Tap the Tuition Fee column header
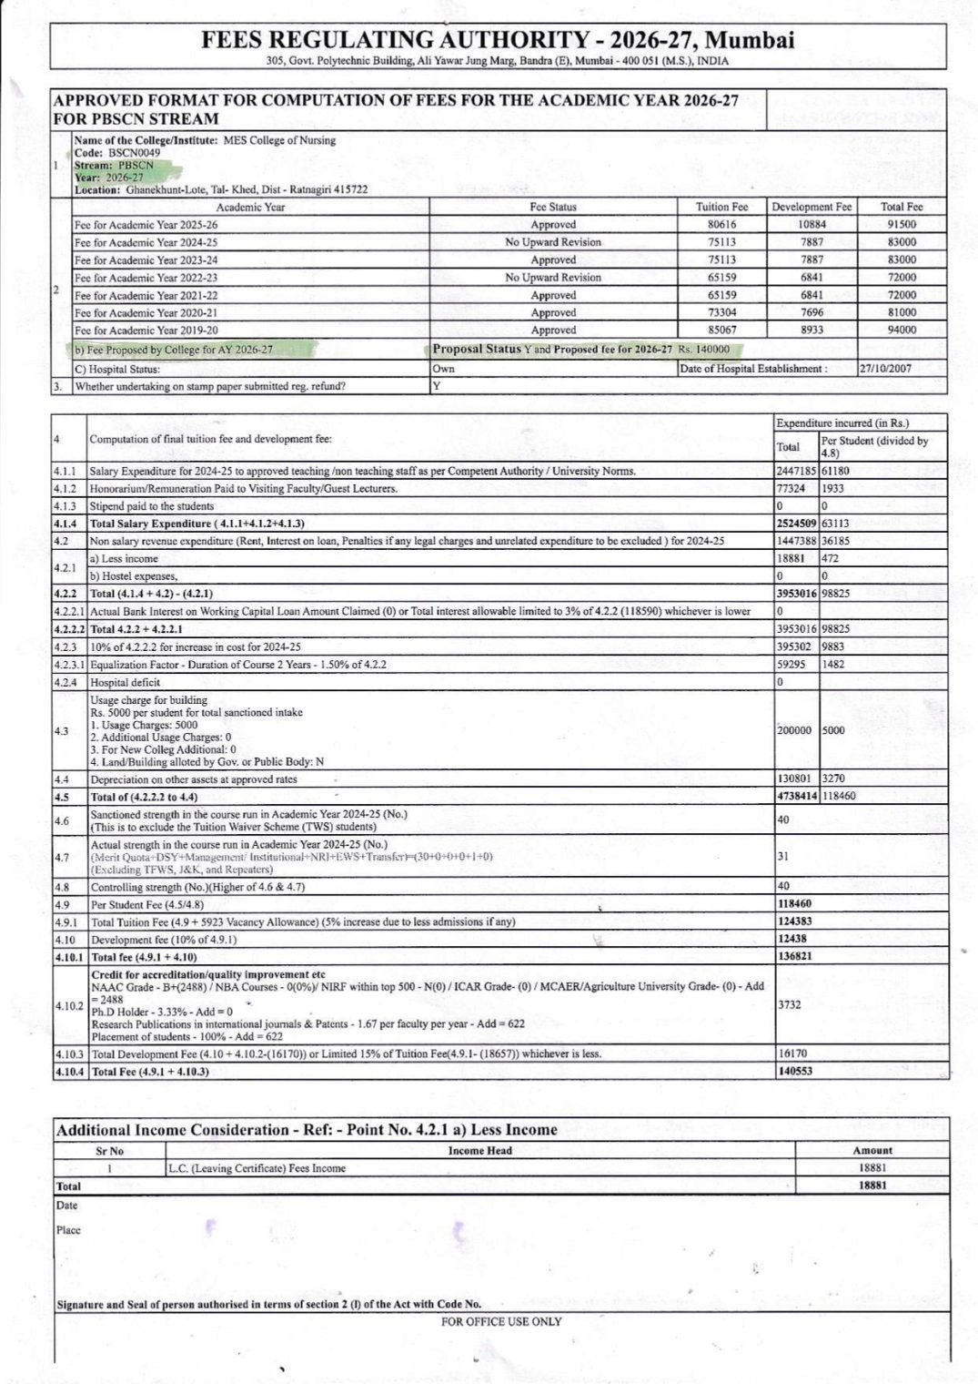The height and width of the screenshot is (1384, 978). point(721,207)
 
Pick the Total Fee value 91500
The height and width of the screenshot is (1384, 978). point(901,224)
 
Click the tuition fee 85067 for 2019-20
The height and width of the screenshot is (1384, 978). point(721,330)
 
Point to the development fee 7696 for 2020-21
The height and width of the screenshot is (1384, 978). point(812,312)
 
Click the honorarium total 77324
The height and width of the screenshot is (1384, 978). point(792,488)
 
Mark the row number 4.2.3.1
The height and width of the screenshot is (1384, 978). point(69,664)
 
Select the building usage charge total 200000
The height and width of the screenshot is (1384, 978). point(795,730)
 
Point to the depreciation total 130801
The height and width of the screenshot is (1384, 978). point(795,778)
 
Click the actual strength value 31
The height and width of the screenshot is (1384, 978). point(783,856)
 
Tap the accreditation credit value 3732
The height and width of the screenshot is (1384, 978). point(789,1004)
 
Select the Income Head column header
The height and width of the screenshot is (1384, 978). point(479,1150)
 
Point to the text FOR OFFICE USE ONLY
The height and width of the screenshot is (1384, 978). point(501,1321)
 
